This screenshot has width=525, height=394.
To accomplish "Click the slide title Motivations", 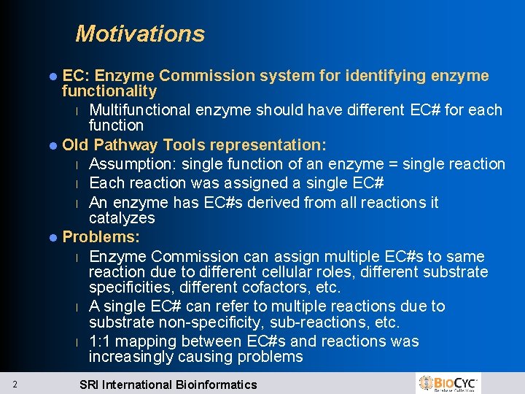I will point(140,34).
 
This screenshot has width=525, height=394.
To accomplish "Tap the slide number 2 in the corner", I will point(15,385).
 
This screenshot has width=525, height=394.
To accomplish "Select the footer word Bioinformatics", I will point(216,385).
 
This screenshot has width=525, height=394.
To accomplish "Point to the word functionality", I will point(109,91).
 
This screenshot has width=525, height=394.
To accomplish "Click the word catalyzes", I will point(122,218).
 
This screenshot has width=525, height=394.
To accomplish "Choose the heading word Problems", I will point(101,237).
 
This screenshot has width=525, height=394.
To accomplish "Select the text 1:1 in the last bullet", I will point(100,341).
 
